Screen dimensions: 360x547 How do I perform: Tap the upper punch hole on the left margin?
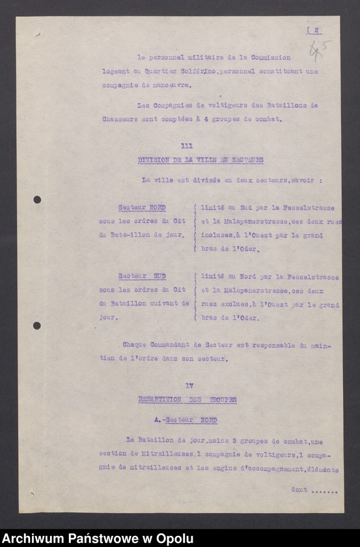click(37, 199)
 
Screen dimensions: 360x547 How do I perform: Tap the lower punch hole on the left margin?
click(37, 326)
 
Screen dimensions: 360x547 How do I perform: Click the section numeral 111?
click(187, 146)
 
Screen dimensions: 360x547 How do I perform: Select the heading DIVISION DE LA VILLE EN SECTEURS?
click(201, 160)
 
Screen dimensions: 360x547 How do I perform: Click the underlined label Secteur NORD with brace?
click(141, 208)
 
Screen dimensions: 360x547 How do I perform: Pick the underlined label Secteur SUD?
click(141, 275)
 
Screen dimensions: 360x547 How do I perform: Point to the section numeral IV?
click(189, 386)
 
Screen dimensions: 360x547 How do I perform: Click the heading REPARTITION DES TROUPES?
click(187, 400)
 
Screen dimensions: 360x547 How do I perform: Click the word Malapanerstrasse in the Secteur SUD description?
click(244, 290)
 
